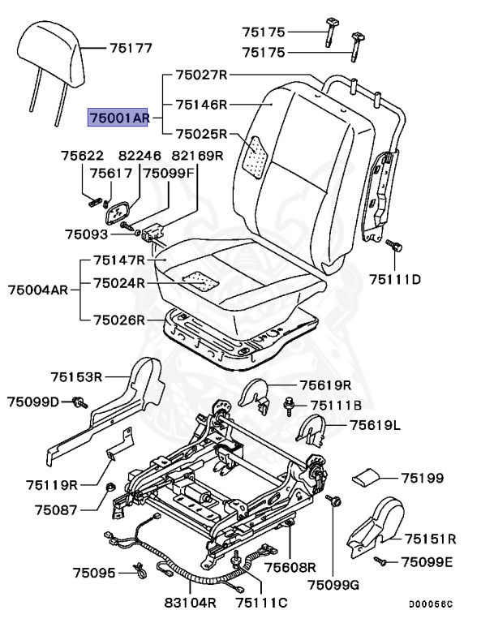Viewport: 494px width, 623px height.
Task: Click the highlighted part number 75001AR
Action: (x=118, y=118)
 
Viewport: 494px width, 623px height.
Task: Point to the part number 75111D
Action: (x=395, y=280)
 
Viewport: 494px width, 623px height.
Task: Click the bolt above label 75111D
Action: (x=393, y=243)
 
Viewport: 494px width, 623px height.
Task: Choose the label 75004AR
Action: (x=38, y=290)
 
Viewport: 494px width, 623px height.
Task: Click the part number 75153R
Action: (x=76, y=376)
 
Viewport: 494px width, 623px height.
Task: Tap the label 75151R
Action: (x=430, y=538)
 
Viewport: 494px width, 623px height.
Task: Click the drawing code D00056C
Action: (x=431, y=604)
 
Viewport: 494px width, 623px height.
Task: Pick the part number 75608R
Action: (x=288, y=566)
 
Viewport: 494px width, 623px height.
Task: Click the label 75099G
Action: (x=333, y=586)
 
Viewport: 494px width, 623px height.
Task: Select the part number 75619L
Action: (x=376, y=424)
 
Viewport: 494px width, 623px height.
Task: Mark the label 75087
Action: (x=54, y=510)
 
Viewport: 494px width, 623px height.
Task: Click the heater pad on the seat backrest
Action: (x=258, y=154)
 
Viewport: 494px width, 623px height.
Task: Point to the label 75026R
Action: (x=118, y=320)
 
